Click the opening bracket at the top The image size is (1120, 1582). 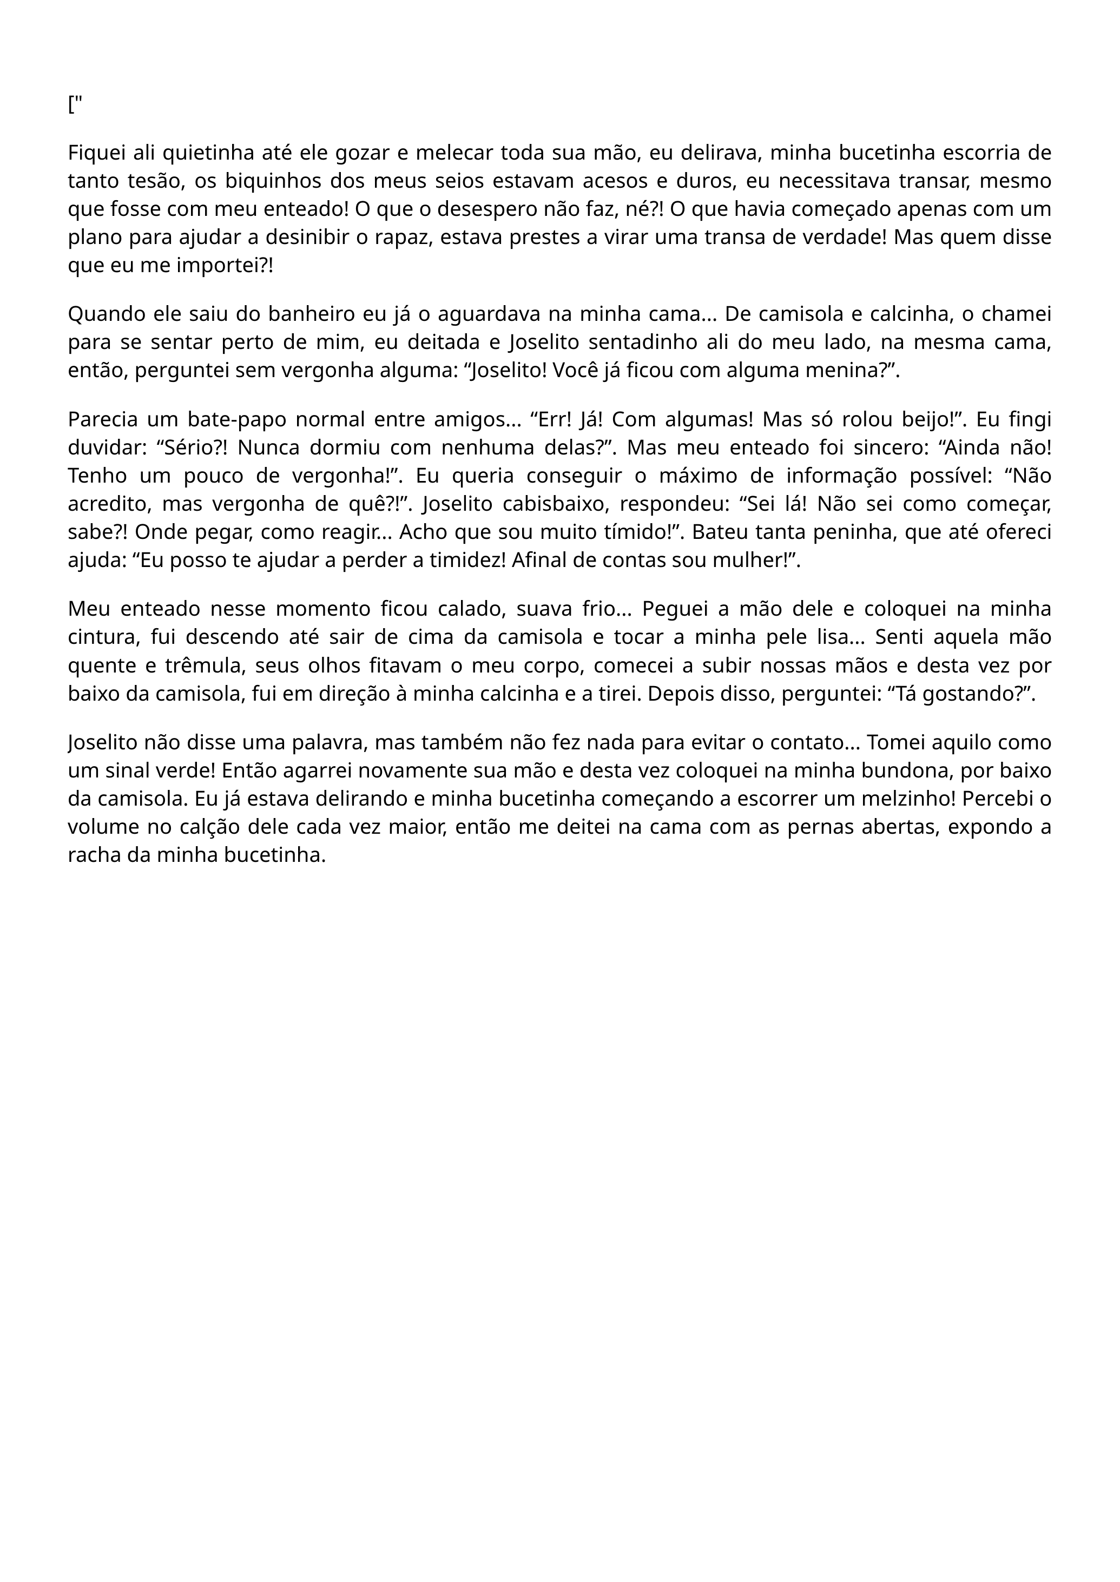71,105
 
